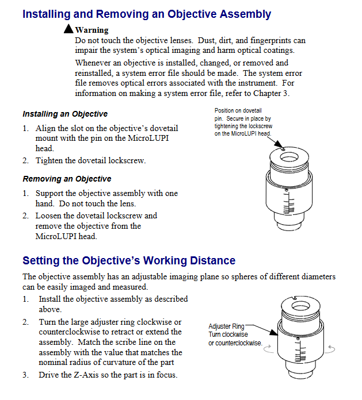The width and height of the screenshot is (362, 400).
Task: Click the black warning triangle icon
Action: pos(68,29)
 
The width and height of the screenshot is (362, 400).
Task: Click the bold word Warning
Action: pos(92,30)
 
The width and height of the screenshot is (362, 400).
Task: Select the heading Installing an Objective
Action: pos(65,114)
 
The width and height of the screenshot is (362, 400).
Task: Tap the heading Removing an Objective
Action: pos(67,179)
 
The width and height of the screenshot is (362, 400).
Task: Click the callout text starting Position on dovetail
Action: pos(243,122)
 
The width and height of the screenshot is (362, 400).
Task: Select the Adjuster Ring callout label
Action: pos(226,326)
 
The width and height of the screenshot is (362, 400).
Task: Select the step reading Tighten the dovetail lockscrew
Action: pos(90,160)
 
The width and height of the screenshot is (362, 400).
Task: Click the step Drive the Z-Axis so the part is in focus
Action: pos(108,375)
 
